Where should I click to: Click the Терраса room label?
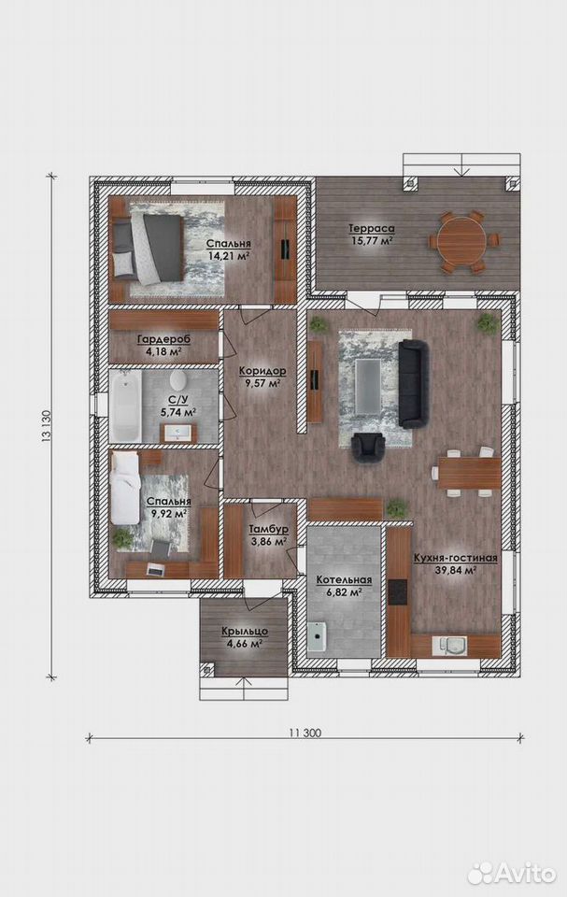[x=372, y=229]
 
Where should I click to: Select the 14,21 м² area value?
[x=229, y=256]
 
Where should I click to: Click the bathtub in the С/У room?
[x=125, y=406]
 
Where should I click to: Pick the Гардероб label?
[x=163, y=339]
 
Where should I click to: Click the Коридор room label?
[x=262, y=371]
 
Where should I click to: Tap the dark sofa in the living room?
[x=413, y=383]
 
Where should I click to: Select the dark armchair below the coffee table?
[x=368, y=447]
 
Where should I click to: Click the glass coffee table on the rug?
[x=368, y=386]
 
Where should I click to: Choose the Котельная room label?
[x=344, y=580]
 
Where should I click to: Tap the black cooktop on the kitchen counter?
[x=398, y=592]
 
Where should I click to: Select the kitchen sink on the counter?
[x=452, y=645]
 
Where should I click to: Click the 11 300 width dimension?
[x=305, y=733]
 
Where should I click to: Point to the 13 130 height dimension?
[x=47, y=426]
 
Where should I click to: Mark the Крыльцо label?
[x=245, y=632]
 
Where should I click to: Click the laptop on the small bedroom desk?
[x=155, y=569]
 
